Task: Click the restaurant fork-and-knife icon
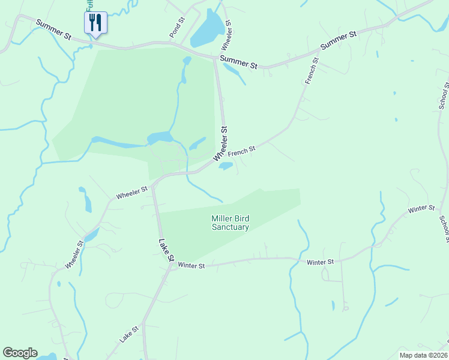[95, 23]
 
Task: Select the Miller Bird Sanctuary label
[230, 223]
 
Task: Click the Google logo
[20, 353]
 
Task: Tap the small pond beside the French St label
[226, 166]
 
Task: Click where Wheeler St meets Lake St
[153, 186]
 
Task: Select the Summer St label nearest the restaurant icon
[53, 30]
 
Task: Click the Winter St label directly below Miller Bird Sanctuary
[191, 265]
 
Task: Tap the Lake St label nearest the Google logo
[128, 334]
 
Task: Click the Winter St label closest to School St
[421, 209]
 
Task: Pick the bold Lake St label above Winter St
[166, 250]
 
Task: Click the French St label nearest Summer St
[312, 71]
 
